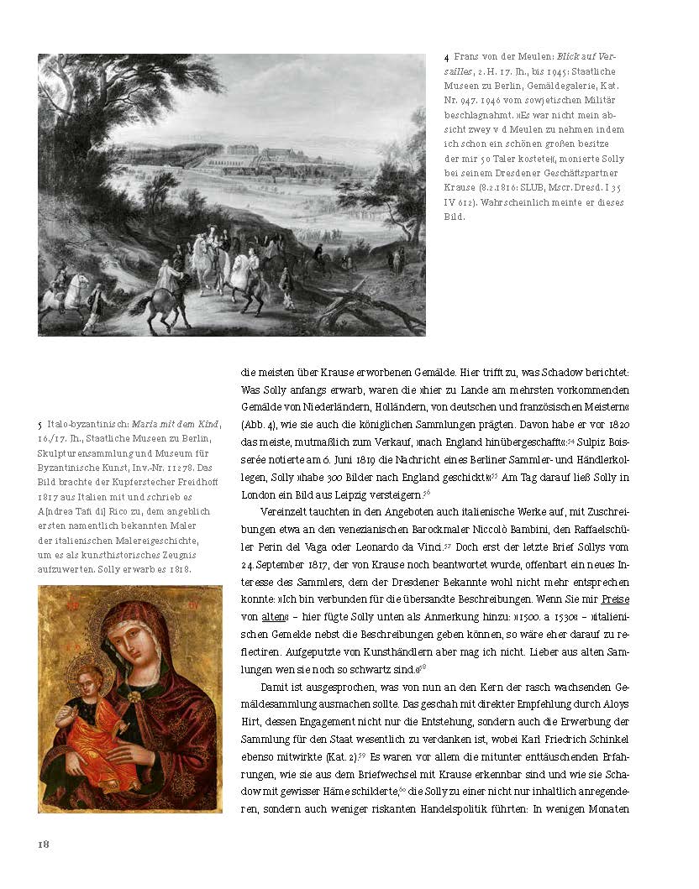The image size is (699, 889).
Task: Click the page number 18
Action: [x=45, y=844]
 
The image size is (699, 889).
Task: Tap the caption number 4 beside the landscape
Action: [x=447, y=57]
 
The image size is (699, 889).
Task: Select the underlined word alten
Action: [x=275, y=618]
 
